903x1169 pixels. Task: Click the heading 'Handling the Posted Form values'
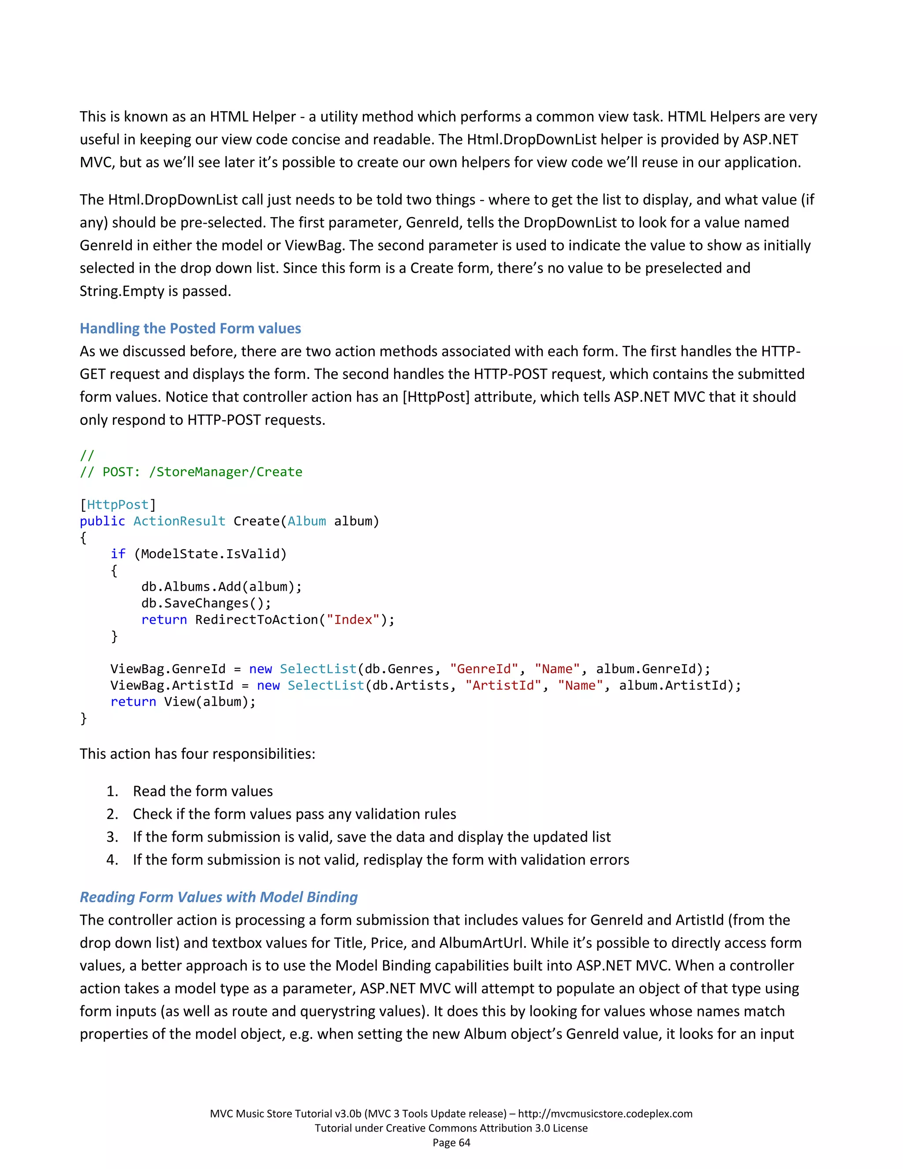coord(190,328)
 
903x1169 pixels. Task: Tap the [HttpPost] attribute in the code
coord(118,505)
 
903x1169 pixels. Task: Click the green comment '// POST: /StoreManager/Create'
coord(191,472)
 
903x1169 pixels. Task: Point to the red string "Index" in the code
coord(353,619)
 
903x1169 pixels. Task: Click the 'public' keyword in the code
coord(102,521)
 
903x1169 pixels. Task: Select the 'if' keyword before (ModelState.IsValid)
coord(118,554)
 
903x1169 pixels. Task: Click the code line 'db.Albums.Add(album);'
coord(221,587)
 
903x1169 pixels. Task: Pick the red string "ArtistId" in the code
coord(503,685)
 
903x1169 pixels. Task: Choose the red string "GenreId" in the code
coord(484,669)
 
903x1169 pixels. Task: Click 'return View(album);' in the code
coord(183,702)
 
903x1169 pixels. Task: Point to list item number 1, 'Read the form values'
coord(202,791)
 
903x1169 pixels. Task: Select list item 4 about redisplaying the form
coord(381,860)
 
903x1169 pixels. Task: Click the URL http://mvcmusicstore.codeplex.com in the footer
coord(605,1114)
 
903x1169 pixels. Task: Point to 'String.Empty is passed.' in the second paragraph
coord(155,291)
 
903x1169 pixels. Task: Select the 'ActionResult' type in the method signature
coord(179,521)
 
